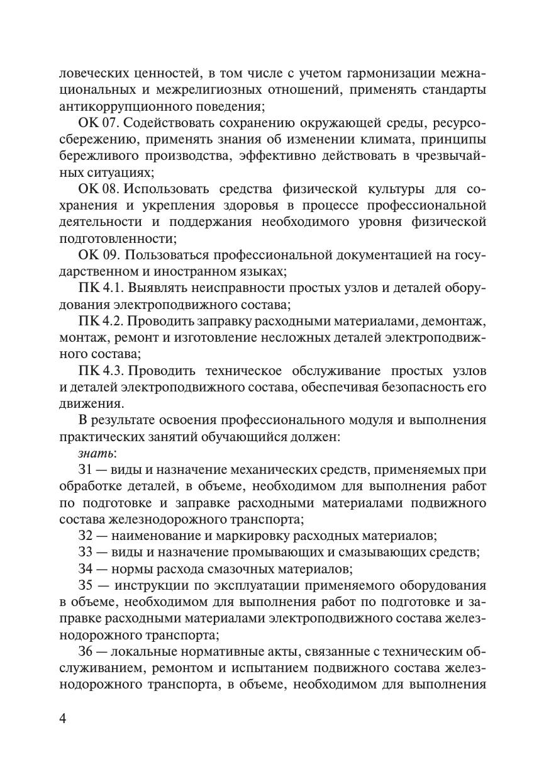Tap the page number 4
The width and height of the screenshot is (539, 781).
pos(63,719)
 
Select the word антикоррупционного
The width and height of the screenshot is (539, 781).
pos(119,106)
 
